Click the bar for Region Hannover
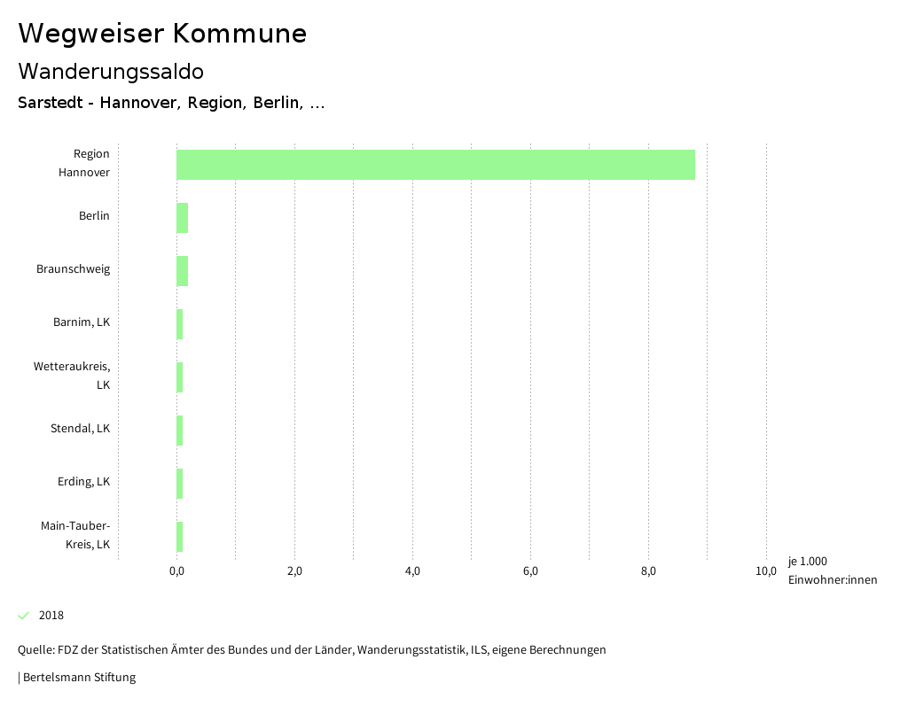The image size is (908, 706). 435,165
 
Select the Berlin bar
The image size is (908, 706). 182,218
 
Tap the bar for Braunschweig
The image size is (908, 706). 182,271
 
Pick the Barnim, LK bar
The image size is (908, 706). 180,324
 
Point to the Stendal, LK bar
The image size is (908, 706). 180,431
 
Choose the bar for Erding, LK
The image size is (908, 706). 180,484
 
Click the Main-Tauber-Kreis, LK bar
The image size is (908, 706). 180,537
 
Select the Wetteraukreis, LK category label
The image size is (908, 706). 73,376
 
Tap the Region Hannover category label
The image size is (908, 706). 84,163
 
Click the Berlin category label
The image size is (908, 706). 94,216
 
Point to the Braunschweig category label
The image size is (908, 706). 74,269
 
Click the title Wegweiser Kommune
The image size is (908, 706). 162,34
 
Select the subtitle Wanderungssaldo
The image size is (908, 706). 111,71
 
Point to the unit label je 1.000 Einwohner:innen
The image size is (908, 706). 832,570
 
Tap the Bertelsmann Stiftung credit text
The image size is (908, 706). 78,678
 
